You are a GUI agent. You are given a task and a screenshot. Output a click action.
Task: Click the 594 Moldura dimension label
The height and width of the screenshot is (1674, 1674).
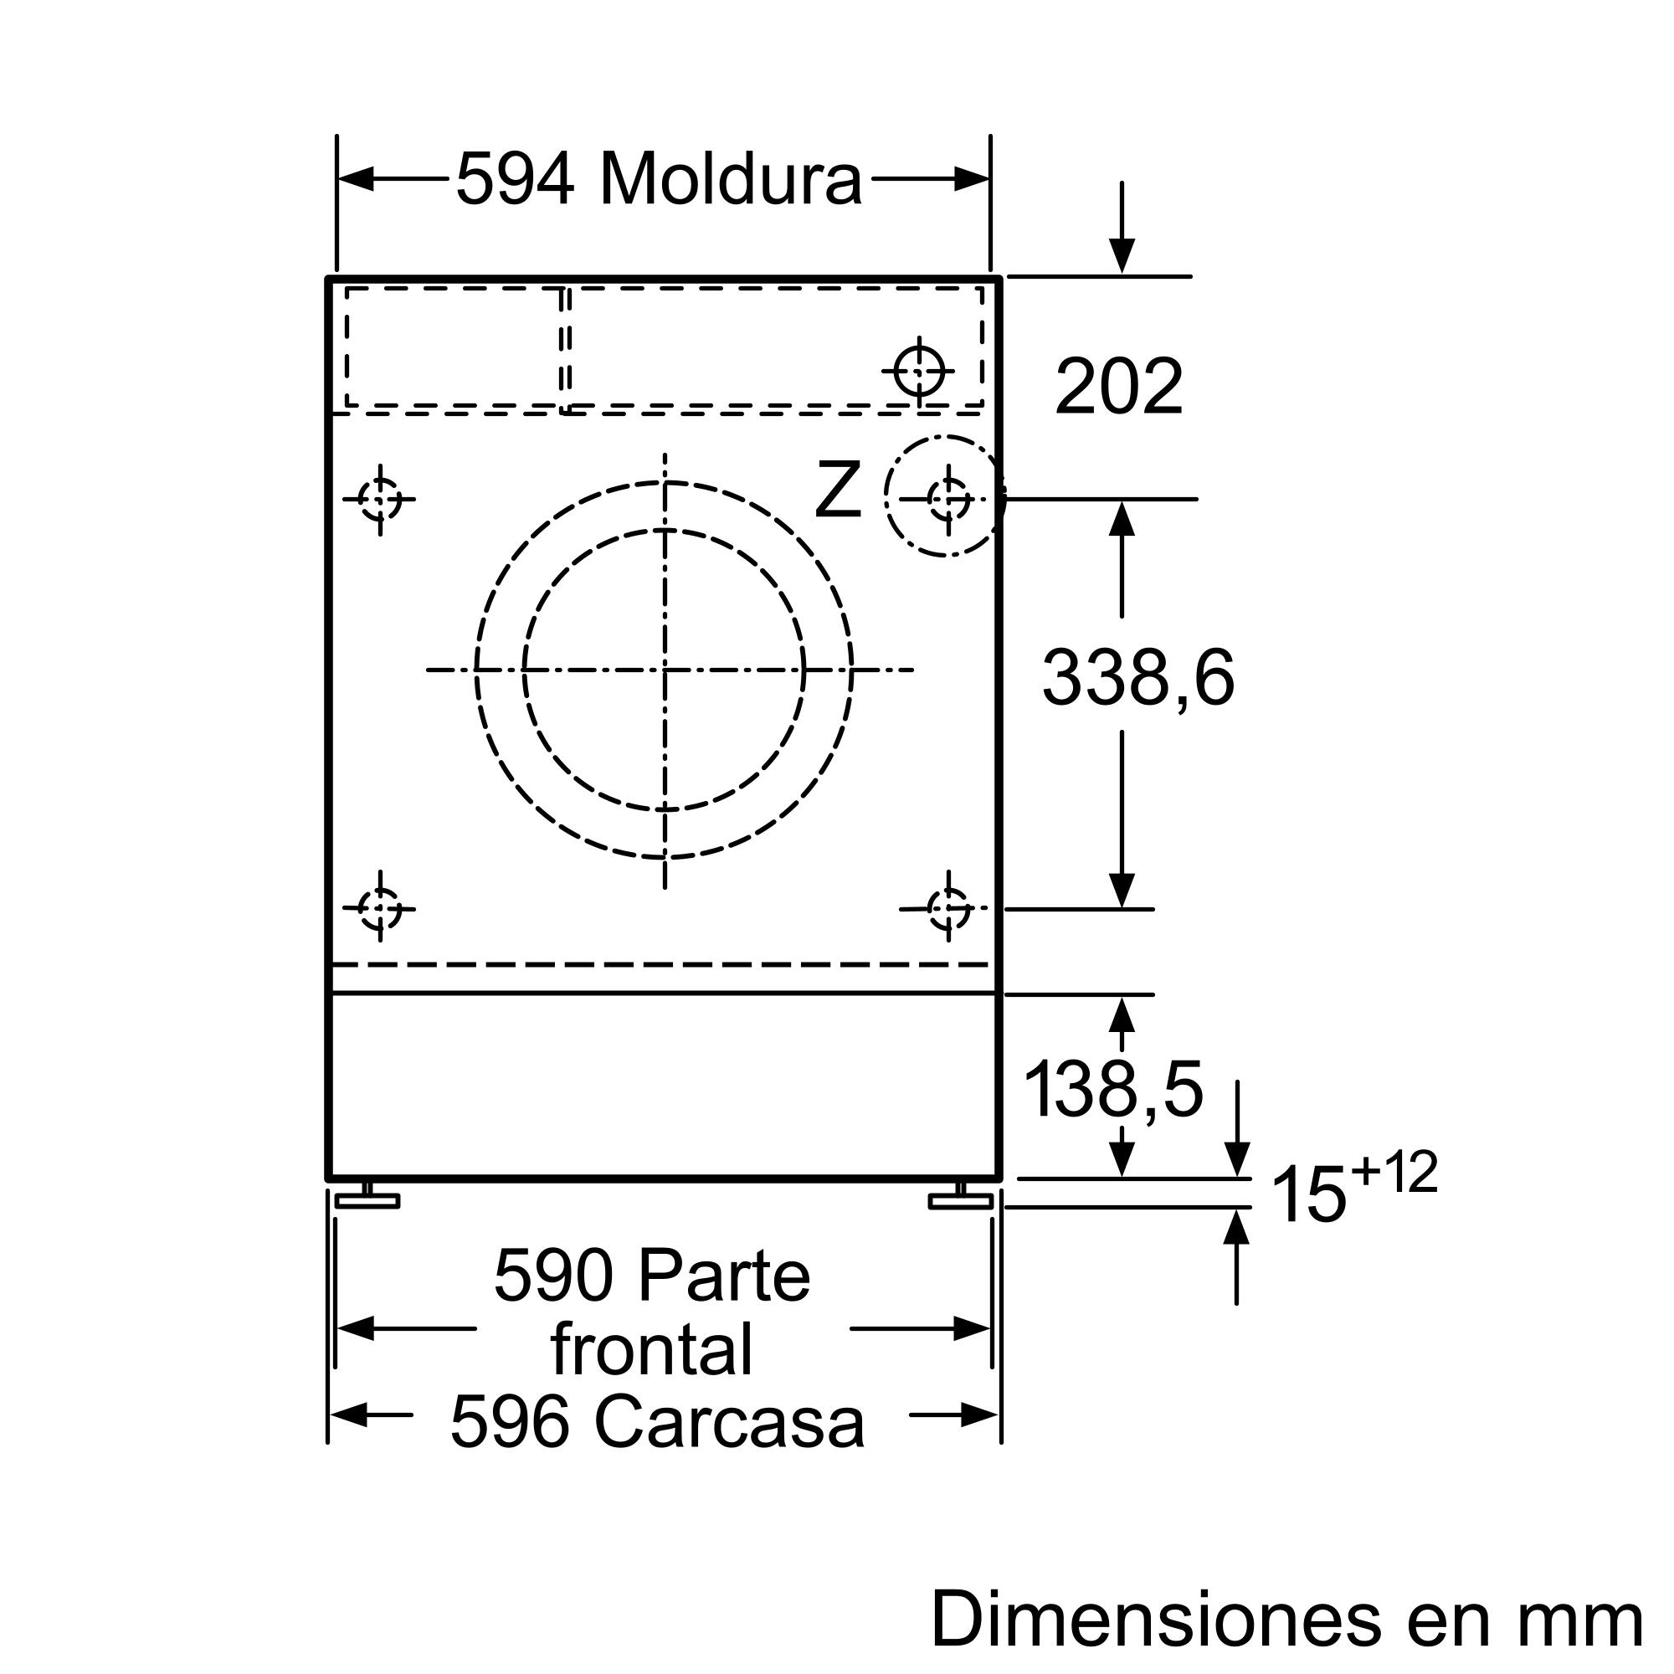pyautogui.click(x=659, y=180)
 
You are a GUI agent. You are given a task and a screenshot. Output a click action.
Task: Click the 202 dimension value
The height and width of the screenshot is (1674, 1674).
pyautogui.click(x=1118, y=387)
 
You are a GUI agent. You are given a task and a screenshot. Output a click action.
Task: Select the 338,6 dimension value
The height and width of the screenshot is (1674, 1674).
pyautogui.click(x=1137, y=679)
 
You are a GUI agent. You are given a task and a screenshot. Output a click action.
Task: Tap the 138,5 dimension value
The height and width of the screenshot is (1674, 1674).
pyautogui.click(x=1113, y=1090)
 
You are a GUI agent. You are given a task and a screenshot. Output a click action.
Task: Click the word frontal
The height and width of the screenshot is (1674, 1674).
pyautogui.click(x=651, y=1349)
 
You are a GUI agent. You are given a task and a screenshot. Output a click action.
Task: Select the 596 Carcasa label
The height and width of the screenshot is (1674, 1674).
pyautogui.click(x=657, y=1423)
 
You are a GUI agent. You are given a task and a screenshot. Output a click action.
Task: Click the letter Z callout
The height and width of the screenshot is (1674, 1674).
pyautogui.click(x=838, y=491)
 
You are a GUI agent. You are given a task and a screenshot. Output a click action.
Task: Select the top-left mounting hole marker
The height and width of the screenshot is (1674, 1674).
pyautogui.click(x=379, y=499)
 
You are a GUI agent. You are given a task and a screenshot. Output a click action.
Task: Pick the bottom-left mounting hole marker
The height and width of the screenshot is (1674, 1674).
pyautogui.click(x=379, y=909)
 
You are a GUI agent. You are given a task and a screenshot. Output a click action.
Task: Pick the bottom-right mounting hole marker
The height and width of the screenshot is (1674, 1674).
pyautogui.click(x=949, y=909)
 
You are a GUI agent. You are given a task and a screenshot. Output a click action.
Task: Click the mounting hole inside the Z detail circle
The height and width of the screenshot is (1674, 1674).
pyautogui.click(x=949, y=498)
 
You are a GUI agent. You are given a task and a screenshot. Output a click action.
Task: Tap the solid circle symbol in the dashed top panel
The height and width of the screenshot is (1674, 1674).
pyautogui.click(x=919, y=370)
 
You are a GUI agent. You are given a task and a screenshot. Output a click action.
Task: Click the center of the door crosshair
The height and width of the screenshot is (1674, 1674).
pyautogui.click(x=665, y=669)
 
